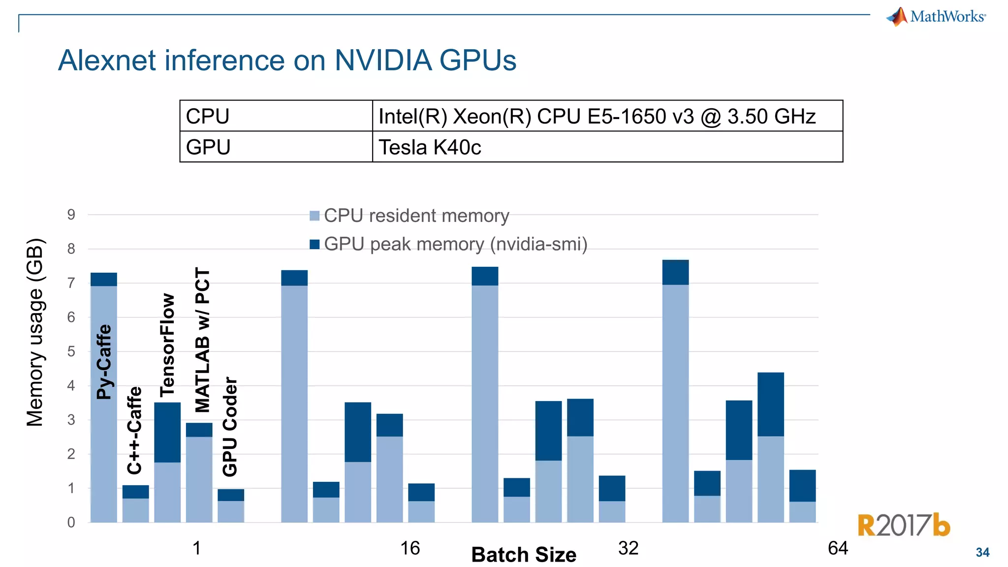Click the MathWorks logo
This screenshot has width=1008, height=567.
tap(936, 16)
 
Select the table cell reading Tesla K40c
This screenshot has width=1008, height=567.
tap(429, 147)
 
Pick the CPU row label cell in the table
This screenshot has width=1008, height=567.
tap(208, 117)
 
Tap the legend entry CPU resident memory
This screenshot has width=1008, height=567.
tap(416, 216)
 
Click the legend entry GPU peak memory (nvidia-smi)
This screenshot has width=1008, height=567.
tap(455, 244)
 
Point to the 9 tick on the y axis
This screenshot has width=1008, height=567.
tap(71, 215)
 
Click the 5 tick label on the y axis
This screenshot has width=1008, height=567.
tap(71, 351)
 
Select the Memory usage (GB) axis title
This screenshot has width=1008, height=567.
tap(35, 332)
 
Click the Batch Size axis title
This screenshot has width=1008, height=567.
tap(524, 555)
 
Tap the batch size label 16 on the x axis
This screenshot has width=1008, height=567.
tap(410, 548)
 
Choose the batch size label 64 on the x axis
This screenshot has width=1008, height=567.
tap(838, 548)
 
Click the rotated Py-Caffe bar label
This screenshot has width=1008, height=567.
tap(104, 362)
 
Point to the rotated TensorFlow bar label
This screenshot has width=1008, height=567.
tap(167, 345)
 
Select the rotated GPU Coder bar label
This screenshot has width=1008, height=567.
tap(230, 426)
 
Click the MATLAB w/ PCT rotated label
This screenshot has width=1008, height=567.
tap(202, 340)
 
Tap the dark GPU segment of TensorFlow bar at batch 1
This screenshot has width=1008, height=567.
tap(167, 432)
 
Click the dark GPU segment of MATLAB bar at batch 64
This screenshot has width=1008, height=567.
tap(770, 404)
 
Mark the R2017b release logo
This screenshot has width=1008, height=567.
tap(904, 525)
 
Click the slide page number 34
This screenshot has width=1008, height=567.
tap(982, 553)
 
